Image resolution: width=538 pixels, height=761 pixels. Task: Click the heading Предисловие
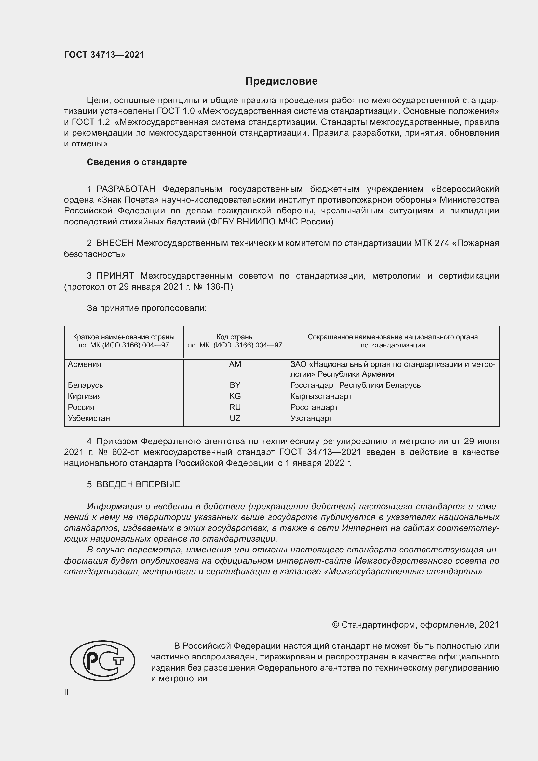pyautogui.click(x=281, y=81)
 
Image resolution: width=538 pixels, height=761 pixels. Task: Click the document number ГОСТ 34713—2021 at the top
pyautogui.click(x=104, y=55)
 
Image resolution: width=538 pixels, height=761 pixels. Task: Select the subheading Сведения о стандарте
pyautogui.click(x=137, y=162)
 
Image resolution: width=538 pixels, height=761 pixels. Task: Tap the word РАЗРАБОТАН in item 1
pyautogui.click(x=126, y=189)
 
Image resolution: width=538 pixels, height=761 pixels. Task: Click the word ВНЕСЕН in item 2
pyautogui.click(x=115, y=243)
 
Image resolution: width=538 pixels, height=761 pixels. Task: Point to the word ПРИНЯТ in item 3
pyautogui.click(x=115, y=276)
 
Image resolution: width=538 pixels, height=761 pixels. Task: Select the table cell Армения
pyautogui.click(x=85, y=364)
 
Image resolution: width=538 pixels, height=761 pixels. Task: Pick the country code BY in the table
pyautogui.click(x=235, y=385)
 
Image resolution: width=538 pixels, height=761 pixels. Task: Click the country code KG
pyautogui.click(x=235, y=396)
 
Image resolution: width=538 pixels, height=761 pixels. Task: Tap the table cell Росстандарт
pyautogui.click(x=314, y=407)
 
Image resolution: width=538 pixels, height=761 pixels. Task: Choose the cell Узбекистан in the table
pyautogui.click(x=89, y=418)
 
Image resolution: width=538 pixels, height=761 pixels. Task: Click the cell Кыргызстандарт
pyautogui.click(x=321, y=396)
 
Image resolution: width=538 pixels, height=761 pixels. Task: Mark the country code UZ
pyautogui.click(x=235, y=418)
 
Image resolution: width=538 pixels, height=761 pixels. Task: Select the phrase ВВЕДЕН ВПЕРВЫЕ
pyautogui.click(x=138, y=484)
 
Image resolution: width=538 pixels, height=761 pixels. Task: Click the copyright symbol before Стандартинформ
pyautogui.click(x=335, y=625)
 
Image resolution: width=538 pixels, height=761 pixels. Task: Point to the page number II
pyautogui.click(x=66, y=692)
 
